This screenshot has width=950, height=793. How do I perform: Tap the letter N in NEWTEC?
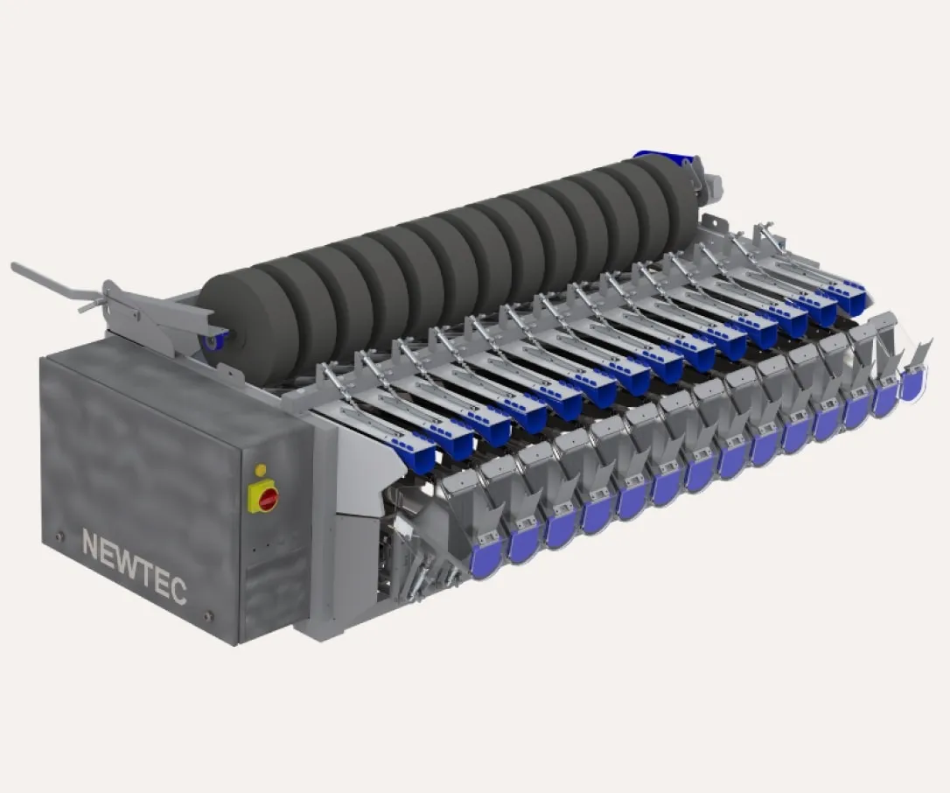[91, 545]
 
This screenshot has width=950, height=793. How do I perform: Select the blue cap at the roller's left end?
[213, 340]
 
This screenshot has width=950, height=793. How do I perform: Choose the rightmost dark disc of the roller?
[674, 201]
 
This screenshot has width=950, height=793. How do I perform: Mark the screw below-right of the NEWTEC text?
[208, 617]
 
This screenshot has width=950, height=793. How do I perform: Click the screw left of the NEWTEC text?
[59, 536]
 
